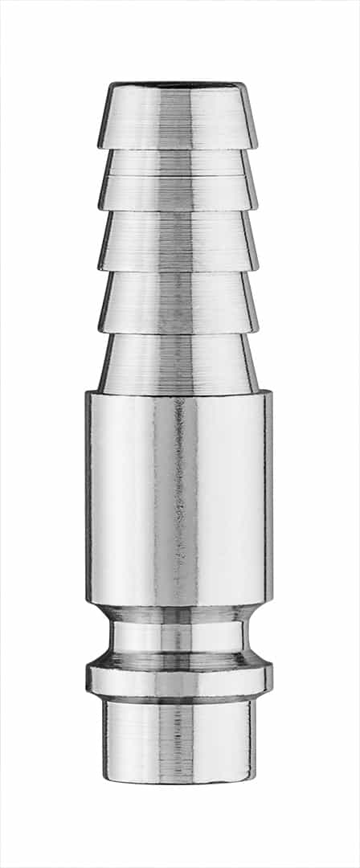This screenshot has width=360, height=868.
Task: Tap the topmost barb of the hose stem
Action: (x=178, y=117)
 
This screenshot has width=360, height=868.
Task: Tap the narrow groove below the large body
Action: (x=178, y=635)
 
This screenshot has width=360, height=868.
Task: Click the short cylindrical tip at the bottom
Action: (x=178, y=739)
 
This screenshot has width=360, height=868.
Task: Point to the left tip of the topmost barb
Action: (x=100, y=146)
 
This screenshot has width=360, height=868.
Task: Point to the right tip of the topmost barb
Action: (x=257, y=146)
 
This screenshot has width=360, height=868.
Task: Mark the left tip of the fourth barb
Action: (x=100, y=330)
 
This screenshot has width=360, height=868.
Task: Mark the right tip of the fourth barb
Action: (x=257, y=330)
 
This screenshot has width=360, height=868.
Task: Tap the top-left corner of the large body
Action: (x=87, y=394)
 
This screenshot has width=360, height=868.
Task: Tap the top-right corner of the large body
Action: (x=272, y=394)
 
